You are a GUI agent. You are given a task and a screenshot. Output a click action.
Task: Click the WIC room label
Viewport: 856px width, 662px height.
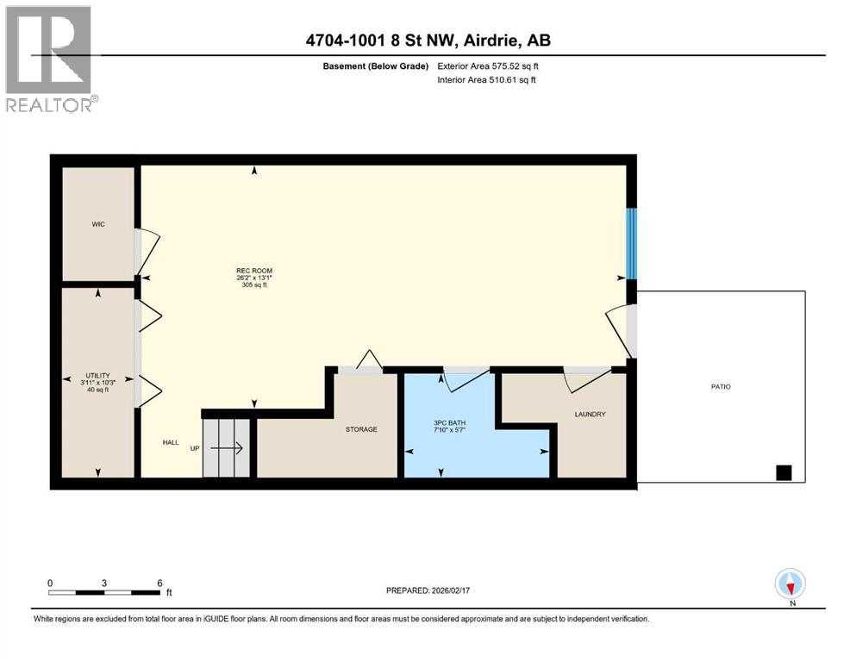pyautogui.click(x=98, y=224)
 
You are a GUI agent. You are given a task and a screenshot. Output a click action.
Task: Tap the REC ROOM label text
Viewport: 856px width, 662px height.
pyautogui.click(x=253, y=271)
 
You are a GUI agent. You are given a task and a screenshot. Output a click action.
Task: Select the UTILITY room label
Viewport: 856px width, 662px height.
pyautogui.click(x=97, y=376)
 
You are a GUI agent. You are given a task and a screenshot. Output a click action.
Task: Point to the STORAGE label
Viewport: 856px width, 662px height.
pyautogui.click(x=361, y=429)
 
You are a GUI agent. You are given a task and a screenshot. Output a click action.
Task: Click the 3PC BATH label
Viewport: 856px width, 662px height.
pyautogui.click(x=450, y=423)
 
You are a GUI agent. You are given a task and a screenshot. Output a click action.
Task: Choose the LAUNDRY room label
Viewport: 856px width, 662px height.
pyautogui.click(x=590, y=415)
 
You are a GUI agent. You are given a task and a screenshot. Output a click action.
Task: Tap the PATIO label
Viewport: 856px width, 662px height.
pyautogui.click(x=721, y=386)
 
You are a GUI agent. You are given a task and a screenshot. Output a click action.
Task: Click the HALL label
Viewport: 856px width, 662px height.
pyautogui.click(x=171, y=442)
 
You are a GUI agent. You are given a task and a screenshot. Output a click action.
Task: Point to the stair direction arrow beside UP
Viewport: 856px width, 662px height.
pyautogui.click(x=227, y=448)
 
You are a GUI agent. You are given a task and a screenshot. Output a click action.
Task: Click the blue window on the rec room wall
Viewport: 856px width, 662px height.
pyautogui.click(x=631, y=243)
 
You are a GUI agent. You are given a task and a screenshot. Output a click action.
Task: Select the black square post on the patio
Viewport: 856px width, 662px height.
pyautogui.click(x=784, y=472)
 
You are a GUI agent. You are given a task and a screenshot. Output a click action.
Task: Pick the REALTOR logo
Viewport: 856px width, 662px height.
pyautogui.click(x=50, y=59)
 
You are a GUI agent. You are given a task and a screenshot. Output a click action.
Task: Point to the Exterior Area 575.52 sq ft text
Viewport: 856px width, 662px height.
pyautogui.click(x=488, y=66)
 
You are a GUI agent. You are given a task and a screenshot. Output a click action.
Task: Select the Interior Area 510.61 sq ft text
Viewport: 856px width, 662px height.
pyautogui.click(x=486, y=79)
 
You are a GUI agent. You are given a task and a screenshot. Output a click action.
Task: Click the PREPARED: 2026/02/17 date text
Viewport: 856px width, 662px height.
pyautogui.click(x=428, y=590)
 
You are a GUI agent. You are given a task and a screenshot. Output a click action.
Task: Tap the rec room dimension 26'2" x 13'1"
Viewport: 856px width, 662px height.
pyautogui.click(x=253, y=278)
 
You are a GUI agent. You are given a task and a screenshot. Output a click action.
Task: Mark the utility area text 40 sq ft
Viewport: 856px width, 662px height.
pyautogui.click(x=97, y=390)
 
